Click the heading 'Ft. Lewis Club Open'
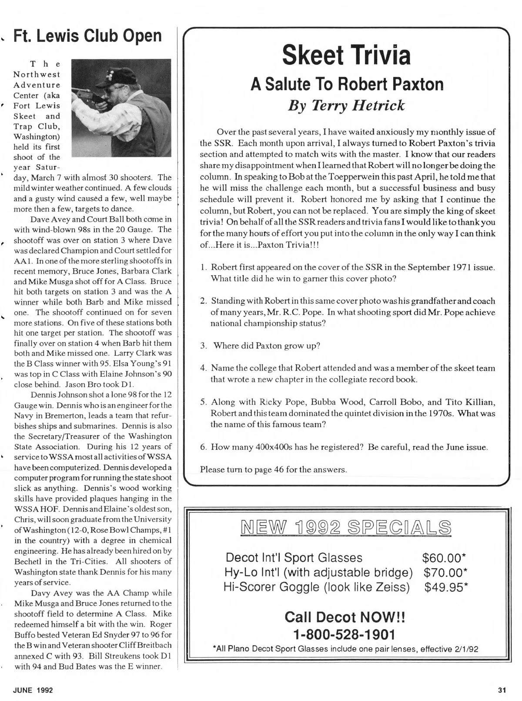(x=87, y=36)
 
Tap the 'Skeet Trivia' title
(x=346, y=55)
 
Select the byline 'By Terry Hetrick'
(x=346, y=105)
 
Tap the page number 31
(x=502, y=690)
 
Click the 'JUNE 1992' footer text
(x=33, y=690)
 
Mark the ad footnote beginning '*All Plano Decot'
(x=345, y=649)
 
